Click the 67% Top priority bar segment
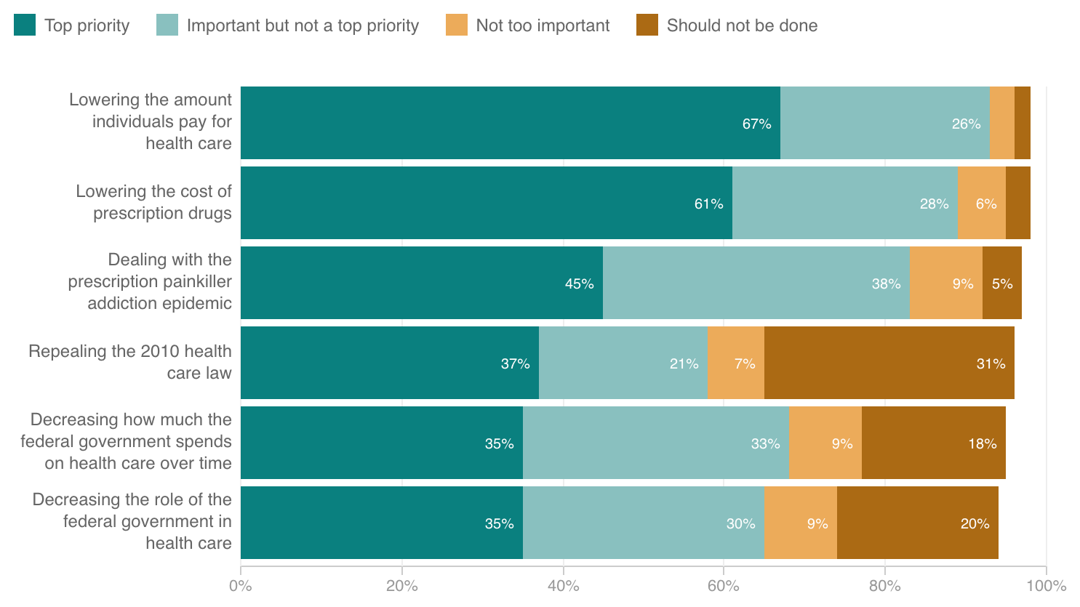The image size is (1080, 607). [510, 123]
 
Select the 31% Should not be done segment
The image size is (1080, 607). [889, 363]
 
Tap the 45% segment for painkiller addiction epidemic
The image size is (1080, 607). [422, 283]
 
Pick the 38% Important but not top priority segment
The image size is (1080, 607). [756, 283]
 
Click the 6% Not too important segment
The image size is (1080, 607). [981, 203]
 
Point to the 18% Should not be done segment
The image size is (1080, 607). [933, 443]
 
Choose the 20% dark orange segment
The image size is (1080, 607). [917, 523]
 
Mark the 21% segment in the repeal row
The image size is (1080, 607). [623, 363]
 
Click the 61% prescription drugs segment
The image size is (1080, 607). [486, 203]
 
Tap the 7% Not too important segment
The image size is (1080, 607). [735, 363]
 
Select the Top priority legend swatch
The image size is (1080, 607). [25, 25]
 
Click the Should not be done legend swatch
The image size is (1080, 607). [647, 25]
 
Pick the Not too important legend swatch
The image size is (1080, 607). [457, 25]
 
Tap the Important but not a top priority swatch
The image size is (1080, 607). [167, 25]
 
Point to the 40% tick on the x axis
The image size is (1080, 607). [563, 586]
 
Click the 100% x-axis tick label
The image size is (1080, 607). [1046, 586]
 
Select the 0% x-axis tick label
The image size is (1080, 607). [241, 586]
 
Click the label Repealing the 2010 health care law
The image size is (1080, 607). [129, 362]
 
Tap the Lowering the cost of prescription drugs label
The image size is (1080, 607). [153, 202]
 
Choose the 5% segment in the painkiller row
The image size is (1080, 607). [1001, 283]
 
